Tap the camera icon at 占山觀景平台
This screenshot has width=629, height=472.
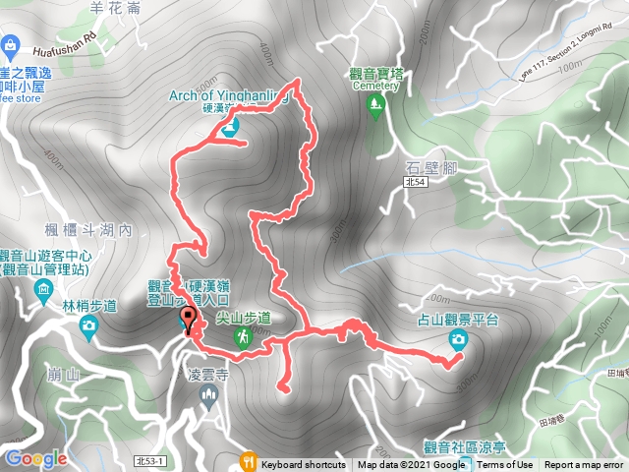(x=458, y=339)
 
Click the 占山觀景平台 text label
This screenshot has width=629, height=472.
(x=458, y=320)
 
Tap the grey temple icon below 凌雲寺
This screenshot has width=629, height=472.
(x=207, y=395)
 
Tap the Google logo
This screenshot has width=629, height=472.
(x=35, y=458)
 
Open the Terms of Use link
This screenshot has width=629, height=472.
(x=505, y=465)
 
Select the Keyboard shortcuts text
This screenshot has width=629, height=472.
(x=303, y=465)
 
